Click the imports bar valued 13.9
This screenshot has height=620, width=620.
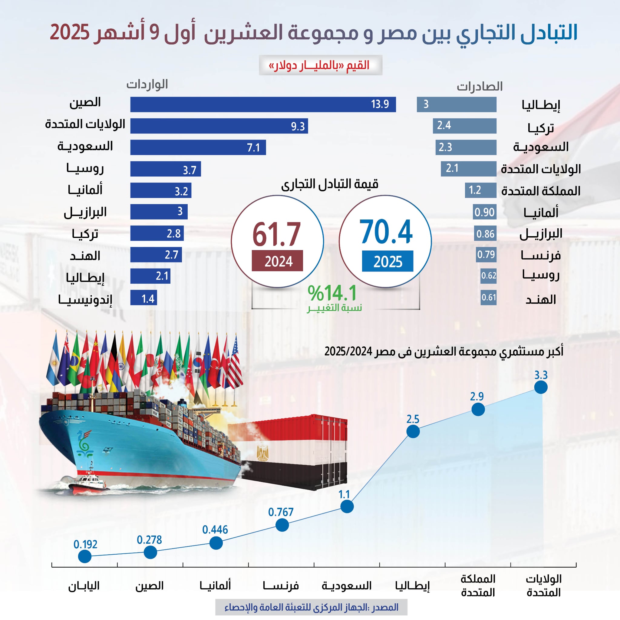pos(263,104)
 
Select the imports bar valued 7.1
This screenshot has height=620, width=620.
pos(198,147)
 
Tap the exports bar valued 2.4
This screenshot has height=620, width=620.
pos(464,126)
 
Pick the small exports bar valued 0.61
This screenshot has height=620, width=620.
pos(488,298)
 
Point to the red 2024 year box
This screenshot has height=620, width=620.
pos(277,261)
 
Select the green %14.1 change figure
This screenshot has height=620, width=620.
pos(332,293)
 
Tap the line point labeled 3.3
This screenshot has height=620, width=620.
pos(541,387)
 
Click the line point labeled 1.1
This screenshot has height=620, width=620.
pos(347,506)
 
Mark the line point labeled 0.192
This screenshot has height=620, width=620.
pos(85,556)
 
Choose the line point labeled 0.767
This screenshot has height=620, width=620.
pos(282,525)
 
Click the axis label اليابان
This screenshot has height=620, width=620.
pos(84,586)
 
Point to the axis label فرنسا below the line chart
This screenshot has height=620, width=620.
pos(281,586)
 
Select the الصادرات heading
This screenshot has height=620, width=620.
pos(480,86)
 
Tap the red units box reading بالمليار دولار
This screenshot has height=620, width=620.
pos(320,65)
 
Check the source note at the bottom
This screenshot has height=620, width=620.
pos(311,607)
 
